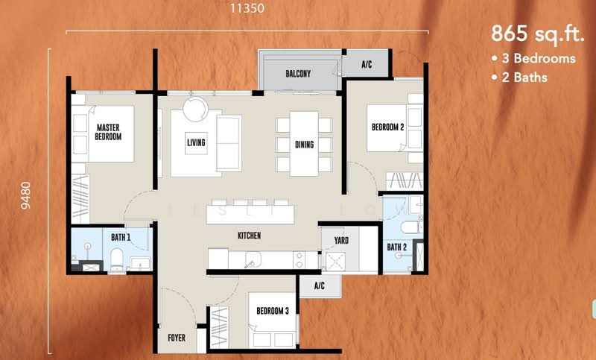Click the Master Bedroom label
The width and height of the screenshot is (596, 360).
click(108, 132)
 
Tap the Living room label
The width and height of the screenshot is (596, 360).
click(196, 142)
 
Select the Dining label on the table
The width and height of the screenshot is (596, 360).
click(305, 145)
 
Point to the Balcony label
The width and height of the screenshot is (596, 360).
click(298, 73)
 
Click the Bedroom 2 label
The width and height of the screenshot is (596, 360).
click(387, 127)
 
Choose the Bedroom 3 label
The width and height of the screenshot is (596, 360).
click(273, 311)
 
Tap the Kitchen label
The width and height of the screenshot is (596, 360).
click(250, 236)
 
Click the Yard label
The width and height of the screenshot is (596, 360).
click(341, 240)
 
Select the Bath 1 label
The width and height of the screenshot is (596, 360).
click(121, 237)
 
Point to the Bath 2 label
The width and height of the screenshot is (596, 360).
click(397, 247)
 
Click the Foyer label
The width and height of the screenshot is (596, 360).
click(177, 338)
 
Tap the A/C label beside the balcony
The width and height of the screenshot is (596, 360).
click(367, 64)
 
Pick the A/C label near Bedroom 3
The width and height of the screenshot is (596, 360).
click(320, 285)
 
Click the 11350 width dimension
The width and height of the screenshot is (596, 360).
click(247, 8)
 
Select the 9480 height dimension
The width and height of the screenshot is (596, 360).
click(26, 195)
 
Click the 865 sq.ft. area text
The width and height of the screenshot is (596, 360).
click(537, 34)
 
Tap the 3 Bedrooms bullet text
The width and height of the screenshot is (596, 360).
click(533, 59)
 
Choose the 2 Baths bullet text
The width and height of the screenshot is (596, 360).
click(519, 78)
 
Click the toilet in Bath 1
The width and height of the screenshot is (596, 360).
click(116, 259)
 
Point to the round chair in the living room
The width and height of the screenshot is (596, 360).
click(195, 109)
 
